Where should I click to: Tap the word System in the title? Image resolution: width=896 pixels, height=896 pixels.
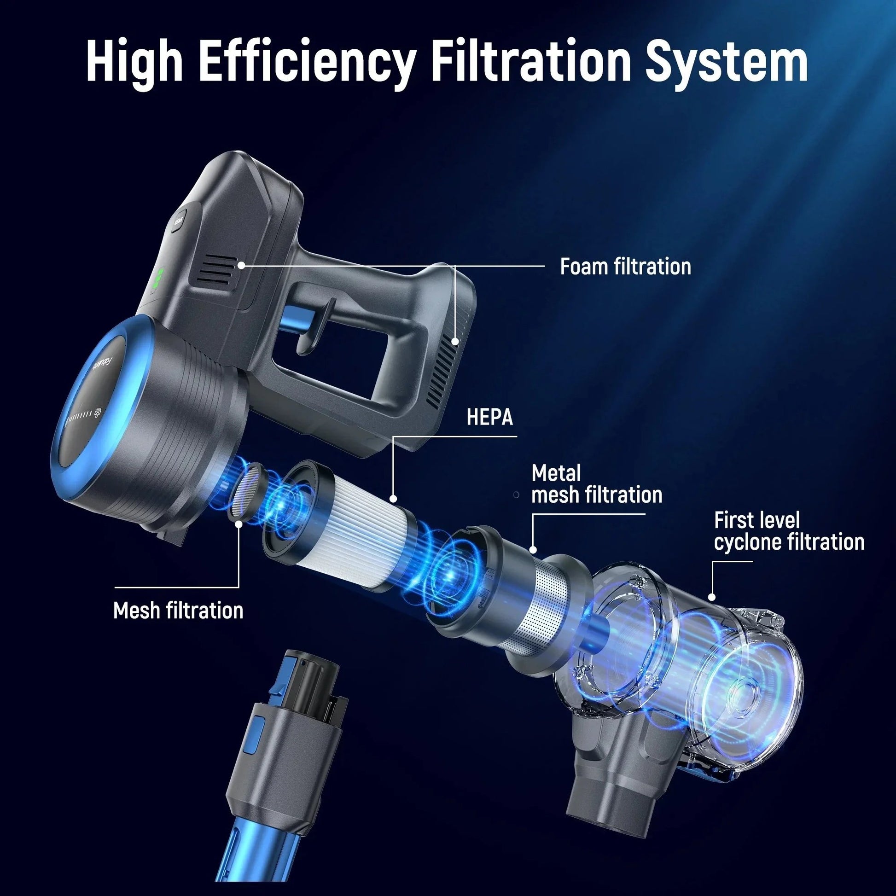point(727,63)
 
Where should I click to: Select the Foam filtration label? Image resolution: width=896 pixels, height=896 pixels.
point(625,267)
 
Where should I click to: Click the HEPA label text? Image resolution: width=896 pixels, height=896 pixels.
point(490,417)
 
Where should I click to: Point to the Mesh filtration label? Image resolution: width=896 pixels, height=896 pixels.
point(178,611)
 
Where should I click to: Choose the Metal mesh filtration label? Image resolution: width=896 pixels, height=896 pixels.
point(596,484)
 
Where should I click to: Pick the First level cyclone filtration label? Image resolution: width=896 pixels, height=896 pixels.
point(789,531)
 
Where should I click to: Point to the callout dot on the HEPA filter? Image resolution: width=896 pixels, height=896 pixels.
point(394,499)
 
